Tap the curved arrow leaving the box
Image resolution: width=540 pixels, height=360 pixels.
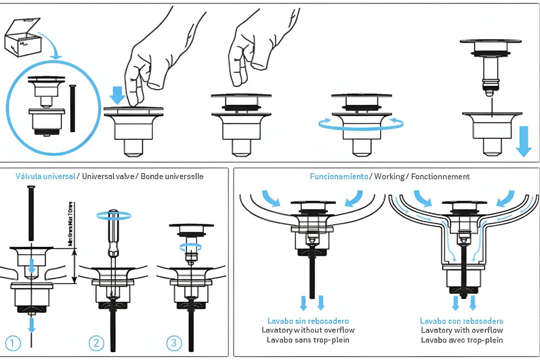[49, 45]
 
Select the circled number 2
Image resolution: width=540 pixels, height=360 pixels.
[97, 343]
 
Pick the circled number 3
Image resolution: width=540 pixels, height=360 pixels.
[174, 343]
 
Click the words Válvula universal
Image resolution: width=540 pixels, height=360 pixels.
[46, 177]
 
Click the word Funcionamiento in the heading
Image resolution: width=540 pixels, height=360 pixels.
[339, 177]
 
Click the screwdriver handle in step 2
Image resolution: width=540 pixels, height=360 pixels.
[114, 228]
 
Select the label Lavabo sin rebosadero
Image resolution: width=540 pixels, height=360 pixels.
[308, 321]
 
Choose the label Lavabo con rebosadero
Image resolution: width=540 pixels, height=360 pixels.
[461, 321]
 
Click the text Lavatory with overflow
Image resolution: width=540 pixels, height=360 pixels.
[461, 330]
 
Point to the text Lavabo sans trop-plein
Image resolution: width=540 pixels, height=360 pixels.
[308, 339]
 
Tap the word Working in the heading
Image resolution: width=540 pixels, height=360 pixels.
[390, 177]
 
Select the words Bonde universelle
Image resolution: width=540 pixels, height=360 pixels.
[172, 177]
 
